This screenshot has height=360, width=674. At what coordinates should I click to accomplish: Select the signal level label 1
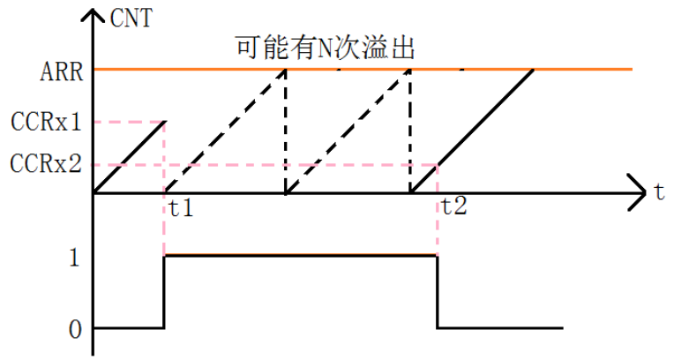pos(75,258)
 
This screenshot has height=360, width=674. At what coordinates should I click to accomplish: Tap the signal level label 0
pos(75,330)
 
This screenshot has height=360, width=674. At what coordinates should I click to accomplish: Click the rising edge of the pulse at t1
pos(165,291)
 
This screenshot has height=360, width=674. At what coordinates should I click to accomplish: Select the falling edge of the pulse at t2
pos(438,291)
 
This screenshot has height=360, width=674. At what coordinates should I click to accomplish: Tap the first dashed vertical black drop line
pos(286,132)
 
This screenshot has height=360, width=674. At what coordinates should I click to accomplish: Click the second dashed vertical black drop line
pos(411,132)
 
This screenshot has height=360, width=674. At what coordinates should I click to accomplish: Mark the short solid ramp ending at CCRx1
pos(130,156)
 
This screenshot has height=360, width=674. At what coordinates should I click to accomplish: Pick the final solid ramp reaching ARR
pos(485,119)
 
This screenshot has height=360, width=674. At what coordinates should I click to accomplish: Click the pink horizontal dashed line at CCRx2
pos(265,164)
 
